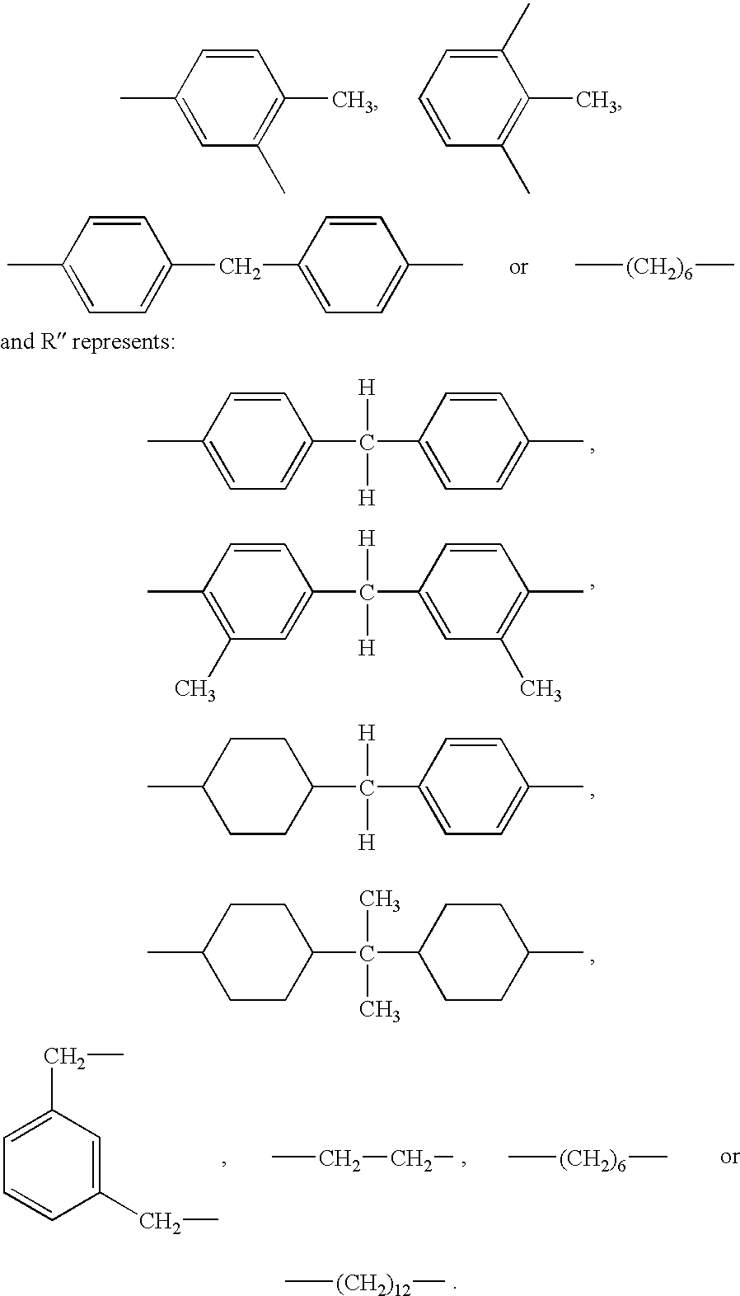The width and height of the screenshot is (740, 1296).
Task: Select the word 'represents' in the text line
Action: point(123,342)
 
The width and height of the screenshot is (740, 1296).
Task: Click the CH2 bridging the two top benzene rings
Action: point(239,268)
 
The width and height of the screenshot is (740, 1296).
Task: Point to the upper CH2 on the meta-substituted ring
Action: point(64,1057)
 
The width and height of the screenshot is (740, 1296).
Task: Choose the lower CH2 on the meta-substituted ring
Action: point(160,1222)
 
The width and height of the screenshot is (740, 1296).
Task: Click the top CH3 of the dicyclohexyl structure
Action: point(380,900)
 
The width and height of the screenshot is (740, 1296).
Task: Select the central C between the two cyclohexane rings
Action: point(367,954)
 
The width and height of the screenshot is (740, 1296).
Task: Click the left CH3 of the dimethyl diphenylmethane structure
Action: point(195,690)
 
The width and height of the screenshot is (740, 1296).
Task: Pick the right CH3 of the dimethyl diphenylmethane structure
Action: point(541,690)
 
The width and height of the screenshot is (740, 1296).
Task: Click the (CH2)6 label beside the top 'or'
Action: point(659,269)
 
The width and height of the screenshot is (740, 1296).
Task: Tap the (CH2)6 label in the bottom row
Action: point(592,1158)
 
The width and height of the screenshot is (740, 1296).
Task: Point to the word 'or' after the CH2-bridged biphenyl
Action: point(518,268)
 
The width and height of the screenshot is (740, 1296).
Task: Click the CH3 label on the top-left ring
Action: point(353,101)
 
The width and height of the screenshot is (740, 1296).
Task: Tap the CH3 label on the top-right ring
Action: point(597,101)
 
